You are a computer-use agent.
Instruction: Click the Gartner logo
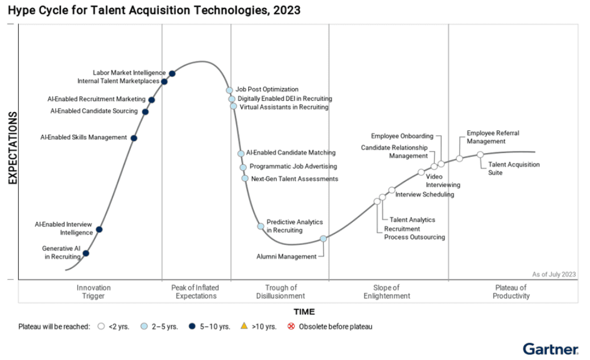click(x=550, y=348)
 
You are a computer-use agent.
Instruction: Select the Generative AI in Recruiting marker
click(x=86, y=253)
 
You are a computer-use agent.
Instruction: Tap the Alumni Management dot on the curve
click(x=323, y=239)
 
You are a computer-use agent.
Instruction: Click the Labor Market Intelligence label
click(x=129, y=73)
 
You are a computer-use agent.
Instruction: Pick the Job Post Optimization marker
click(x=229, y=90)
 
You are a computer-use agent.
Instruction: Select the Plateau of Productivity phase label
click(x=511, y=292)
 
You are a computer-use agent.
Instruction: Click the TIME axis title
click(x=304, y=312)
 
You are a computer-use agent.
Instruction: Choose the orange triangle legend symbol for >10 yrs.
click(x=244, y=326)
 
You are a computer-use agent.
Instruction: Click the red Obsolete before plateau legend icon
click(x=292, y=326)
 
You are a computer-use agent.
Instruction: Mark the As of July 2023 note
click(x=554, y=274)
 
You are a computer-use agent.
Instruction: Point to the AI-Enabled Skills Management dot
click(x=134, y=138)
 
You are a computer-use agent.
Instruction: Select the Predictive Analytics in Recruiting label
click(x=294, y=226)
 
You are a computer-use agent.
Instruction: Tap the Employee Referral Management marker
click(x=459, y=159)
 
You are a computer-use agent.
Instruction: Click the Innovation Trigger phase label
click(x=94, y=292)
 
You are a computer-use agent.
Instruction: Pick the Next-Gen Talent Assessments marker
click(x=245, y=178)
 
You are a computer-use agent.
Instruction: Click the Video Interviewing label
click(x=443, y=181)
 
